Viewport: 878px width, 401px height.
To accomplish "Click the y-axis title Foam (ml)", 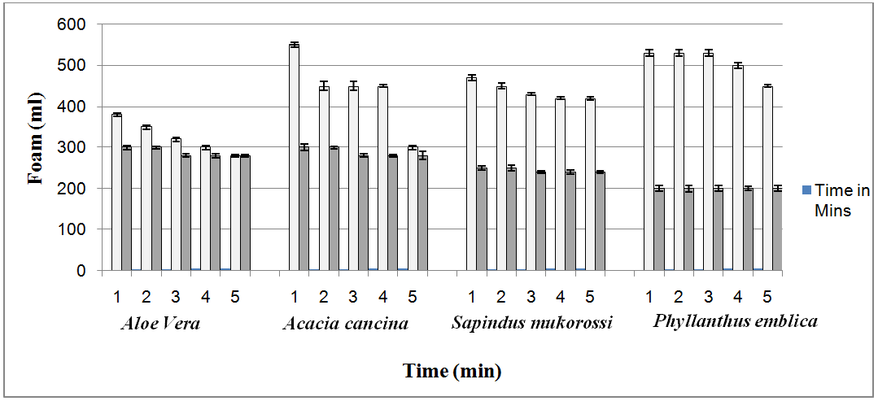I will (x=36, y=146).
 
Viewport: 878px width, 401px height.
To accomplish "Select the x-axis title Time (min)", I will (x=452, y=372).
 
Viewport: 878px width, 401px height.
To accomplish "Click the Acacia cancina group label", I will (x=345, y=324).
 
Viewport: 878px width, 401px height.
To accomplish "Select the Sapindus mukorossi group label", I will (x=531, y=323).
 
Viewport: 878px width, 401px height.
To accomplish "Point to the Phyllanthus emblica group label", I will (x=735, y=321).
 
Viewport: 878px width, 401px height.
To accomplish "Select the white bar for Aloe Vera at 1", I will (x=116, y=192).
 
